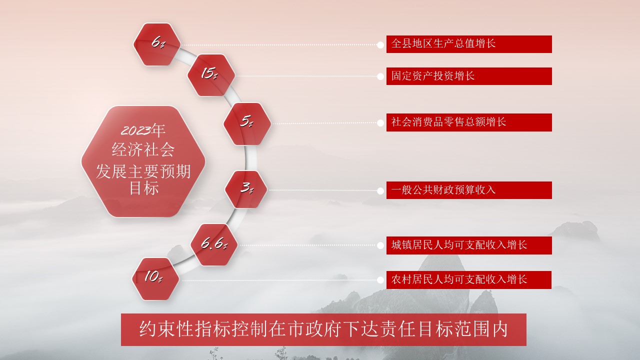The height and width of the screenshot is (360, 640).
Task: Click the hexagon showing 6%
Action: (x=157, y=44)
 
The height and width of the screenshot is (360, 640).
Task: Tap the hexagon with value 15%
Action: (x=211, y=75)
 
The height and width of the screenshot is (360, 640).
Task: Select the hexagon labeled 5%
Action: (x=247, y=123)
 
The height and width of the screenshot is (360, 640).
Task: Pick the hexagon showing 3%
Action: (x=246, y=189)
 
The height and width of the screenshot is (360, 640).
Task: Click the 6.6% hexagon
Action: (x=214, y=244)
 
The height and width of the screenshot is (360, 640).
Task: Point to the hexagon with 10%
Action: (x=155, y=279)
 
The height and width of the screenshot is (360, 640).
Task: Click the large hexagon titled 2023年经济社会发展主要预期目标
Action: (x=143, y=161)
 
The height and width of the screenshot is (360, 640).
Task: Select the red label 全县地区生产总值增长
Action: (x=469, y=44)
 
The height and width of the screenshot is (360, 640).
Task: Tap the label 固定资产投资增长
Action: (x=469, y=76)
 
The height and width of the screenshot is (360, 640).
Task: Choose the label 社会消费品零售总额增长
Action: (x=469, y=122)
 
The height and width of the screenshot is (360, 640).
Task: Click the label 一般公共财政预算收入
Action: (x=469, y=190)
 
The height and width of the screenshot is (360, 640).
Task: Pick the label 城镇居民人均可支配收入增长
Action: (x=469, y=245)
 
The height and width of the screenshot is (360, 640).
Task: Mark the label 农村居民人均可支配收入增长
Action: (x=469, y=279)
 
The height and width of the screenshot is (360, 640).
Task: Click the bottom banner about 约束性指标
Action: (x=323, y=329)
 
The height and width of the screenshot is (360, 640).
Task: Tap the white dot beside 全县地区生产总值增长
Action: (x=380, y=45)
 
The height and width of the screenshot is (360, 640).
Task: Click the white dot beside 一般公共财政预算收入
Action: (x=380, y=191)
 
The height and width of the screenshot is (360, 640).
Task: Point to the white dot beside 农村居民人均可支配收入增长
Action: (x=380, y=280)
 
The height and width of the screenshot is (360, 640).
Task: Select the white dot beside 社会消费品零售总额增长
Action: (x=380, y=123)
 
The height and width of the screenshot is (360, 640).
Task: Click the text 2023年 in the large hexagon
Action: (x=143, y=130)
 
